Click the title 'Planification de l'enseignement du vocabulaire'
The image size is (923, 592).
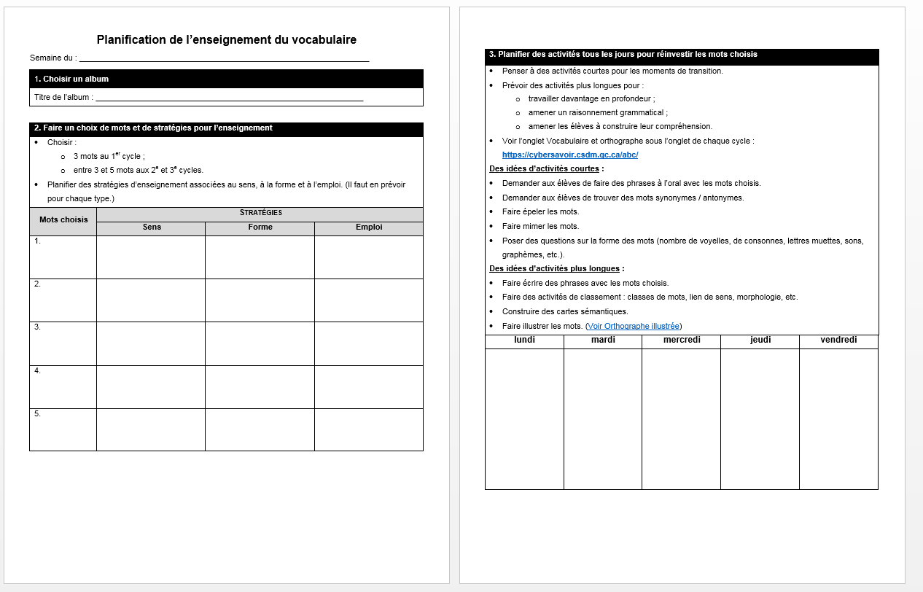tap(226, 40)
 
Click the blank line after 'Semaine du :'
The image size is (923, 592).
tap(224, 58)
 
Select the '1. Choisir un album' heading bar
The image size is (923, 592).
tap(226, 79)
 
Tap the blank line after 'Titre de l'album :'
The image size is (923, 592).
tap(229, 98)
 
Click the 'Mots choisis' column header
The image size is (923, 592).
tap(63, 220)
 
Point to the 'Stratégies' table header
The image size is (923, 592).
tap(260, 214)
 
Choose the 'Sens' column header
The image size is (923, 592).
tap(152, 227)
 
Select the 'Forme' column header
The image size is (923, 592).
tap(260, 227)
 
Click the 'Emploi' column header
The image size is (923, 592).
tap(369, 227)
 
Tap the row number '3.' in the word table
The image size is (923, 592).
tap(38, 327)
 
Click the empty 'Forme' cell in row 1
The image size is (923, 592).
tap(260, 257)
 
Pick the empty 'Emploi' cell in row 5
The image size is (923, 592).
tap(369, 430)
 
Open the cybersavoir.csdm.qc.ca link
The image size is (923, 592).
tap(570, 155)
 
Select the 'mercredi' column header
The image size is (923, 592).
tap(682, 340)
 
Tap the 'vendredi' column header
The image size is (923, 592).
tap(838, 340)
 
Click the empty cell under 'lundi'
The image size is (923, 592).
tap(524, 419)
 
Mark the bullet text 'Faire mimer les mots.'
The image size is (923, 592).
tap(540, 226)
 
